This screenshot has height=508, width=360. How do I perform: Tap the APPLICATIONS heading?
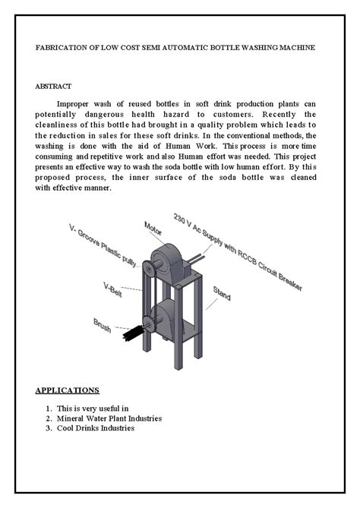coord(68,390)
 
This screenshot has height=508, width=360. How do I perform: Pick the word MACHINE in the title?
coord(295,47)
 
